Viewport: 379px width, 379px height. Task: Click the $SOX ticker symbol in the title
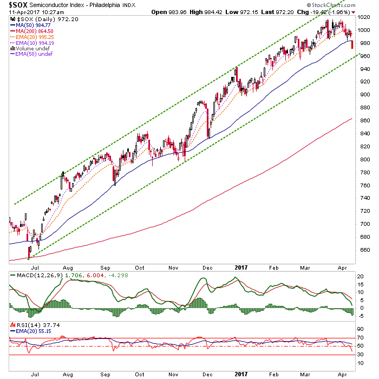coord(18,5)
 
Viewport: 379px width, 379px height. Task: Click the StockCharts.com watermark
coord(331,5)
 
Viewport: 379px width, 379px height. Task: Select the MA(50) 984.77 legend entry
coord(30,25)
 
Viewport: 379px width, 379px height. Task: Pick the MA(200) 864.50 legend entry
coord(31,31)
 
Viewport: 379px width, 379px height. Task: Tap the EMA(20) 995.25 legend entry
coord(32,37)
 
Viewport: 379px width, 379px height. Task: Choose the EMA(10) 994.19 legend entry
coord(32,43)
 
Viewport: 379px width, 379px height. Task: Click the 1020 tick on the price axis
coord(363,17)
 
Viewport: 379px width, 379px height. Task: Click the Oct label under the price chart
coord(140,268)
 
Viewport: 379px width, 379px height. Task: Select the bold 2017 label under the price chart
coord(241,267)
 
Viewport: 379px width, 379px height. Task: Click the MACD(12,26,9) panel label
coord(40,275)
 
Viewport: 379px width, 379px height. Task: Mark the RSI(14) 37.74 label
coord(38,325)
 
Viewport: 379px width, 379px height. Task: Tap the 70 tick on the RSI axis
coord(360,338)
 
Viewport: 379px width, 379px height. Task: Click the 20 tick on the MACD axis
coord(360,277)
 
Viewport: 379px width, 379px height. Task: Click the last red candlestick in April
coord(352,44)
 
